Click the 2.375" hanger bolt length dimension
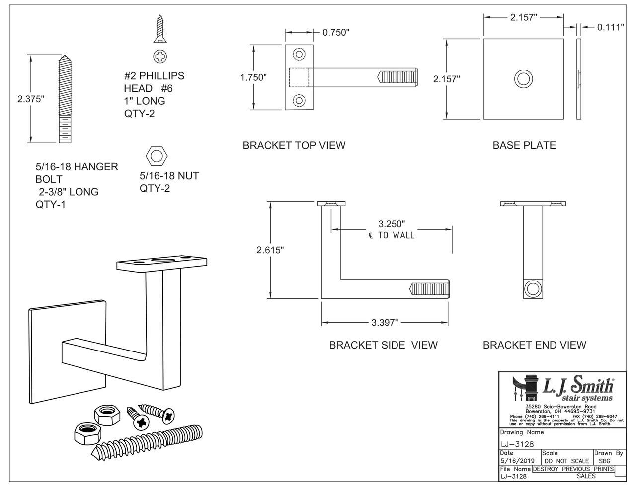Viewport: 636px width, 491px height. point(31,99)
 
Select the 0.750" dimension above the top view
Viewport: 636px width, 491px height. point(336,33)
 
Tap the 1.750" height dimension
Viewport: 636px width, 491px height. point(253,77)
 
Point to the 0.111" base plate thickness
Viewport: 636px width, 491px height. point(610,27)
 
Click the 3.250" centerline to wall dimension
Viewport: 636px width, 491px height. point(392,224)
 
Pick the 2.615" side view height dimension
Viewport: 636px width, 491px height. point(270,250)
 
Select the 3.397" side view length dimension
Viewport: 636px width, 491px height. point(385,323)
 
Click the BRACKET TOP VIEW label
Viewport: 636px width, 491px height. point(294,145)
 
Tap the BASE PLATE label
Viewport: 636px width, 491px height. point(524,145)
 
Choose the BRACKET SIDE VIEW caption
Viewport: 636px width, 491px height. point(383,345)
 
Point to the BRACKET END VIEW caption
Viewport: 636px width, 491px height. point(534,345)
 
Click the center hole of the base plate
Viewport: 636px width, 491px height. point(523,79)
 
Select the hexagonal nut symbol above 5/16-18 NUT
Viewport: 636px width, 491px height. point(155,156)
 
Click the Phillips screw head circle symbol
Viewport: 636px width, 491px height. point(160,57)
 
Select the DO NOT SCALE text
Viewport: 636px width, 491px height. point(566,461)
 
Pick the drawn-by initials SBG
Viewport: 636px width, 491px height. point(605,461)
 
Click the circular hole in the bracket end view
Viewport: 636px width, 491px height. point(534,289)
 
